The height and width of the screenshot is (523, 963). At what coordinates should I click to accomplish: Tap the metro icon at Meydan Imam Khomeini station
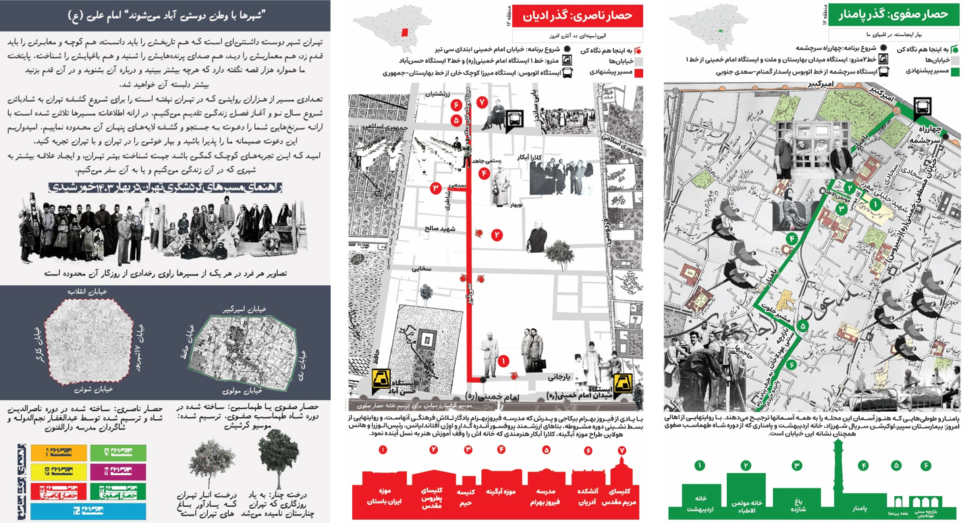tap(622, 382)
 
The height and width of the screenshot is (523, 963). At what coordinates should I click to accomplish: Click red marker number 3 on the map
tap(436, 189)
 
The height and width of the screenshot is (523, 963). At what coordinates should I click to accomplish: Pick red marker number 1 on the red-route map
tap(503, 362)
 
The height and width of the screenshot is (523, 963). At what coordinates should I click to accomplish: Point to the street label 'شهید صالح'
tap(440, 229)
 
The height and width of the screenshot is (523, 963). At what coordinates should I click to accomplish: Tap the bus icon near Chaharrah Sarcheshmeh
tap(922, 106)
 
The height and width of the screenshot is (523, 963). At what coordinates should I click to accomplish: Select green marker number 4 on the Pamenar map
tap(791, 239)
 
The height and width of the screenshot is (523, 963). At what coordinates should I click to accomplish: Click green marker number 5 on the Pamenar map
tap(803, 326)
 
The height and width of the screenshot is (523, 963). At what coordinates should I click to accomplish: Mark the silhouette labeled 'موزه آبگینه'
tap(501, 492)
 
